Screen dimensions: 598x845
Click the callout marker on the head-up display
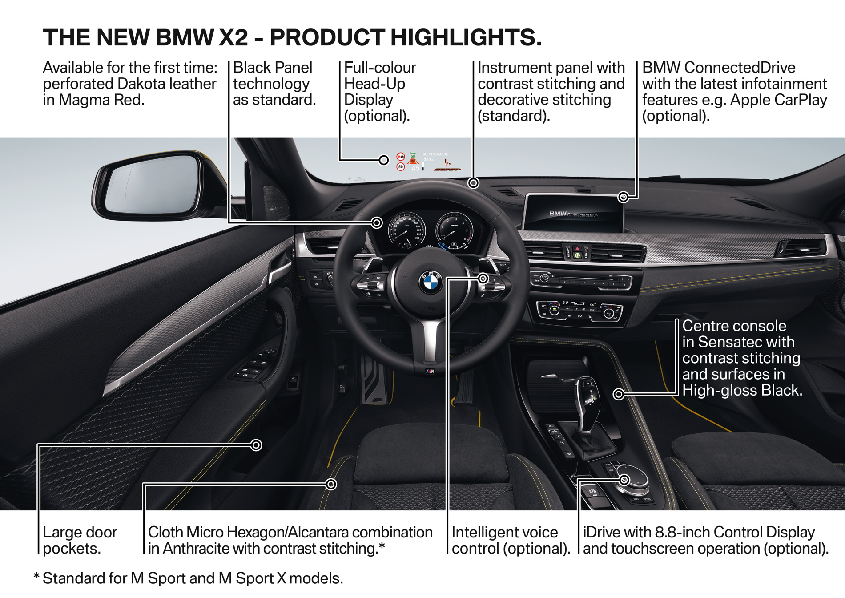tap(383, 160)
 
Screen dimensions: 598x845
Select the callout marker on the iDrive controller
tap(624, 480)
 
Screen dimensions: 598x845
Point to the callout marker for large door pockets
tap(256, 445)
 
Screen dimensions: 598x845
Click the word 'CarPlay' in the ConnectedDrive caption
tap(801, 100)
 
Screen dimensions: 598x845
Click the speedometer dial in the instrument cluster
tap(406, 230)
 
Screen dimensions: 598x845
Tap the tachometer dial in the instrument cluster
tap(454, 230)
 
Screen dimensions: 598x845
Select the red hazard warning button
tap(577, 249)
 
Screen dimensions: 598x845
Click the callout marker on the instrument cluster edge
tap(377, 222)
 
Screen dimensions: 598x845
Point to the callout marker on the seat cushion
tap(331, 484)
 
